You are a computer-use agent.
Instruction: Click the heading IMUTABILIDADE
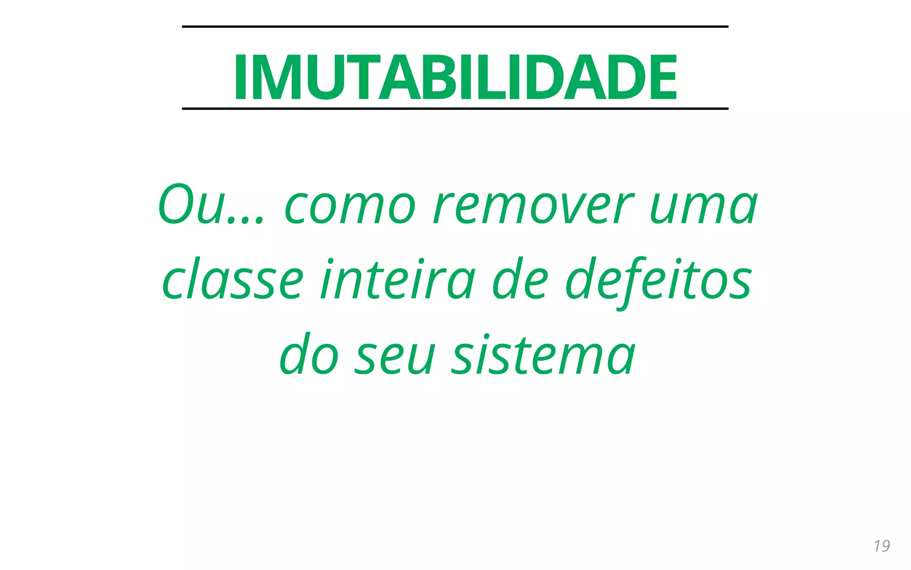[455, 77]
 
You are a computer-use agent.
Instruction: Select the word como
[350, 207]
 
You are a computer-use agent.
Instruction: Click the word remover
[533, 207]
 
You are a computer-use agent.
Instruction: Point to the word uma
[703, 207]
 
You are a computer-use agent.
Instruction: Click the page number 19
[882, 546]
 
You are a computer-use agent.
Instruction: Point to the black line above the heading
[455, 27]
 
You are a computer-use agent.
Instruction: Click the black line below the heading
[455, 109]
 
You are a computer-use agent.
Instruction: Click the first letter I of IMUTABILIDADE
[240, 77]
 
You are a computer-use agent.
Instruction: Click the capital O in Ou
[175, 205]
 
